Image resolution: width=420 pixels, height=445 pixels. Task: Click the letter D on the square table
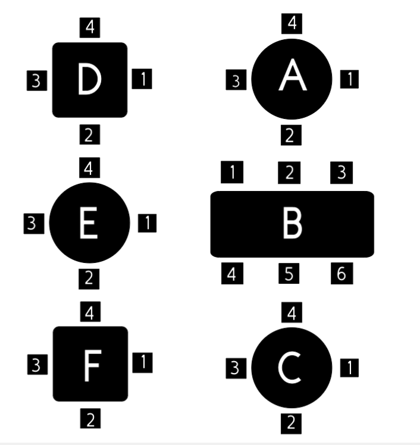click(89, 79)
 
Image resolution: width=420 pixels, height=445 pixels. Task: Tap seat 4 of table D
click(90, 27)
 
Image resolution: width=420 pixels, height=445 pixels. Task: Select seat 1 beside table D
click(142, 79)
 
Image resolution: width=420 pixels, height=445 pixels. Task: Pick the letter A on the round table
click(293, 75)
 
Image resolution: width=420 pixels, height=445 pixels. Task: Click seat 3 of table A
click(236, 80)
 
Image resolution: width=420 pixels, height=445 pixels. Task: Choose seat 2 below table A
click(291, 135)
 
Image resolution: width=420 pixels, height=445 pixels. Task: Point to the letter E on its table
click(89, 223)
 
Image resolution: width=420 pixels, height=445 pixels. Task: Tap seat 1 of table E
click(148, 223)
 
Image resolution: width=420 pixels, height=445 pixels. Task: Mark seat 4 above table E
click(89, 167)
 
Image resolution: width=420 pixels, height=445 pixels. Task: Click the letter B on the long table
click(293, 223)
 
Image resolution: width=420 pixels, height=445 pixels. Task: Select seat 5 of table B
click(289, 273)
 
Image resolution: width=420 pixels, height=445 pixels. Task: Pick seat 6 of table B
click(342, 273)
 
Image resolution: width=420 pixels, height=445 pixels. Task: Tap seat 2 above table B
click(289, 173)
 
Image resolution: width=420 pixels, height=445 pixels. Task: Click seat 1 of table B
click(232, 172)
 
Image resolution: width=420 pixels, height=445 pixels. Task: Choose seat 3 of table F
click(37, 365)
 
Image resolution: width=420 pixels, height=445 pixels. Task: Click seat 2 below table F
click(90, 418)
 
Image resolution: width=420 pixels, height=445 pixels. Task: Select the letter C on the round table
click(290, 368)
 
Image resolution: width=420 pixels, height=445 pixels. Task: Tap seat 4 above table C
click(292, 312)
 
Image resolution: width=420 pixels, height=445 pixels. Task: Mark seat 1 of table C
click(349, 368)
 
